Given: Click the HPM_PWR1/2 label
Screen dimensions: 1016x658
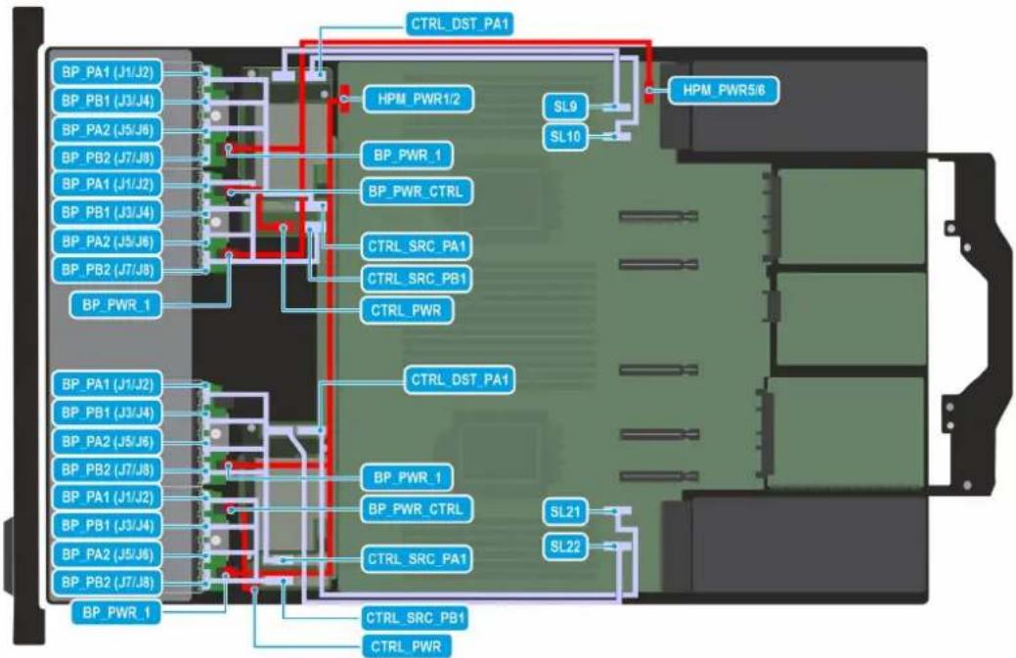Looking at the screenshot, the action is [418, 99].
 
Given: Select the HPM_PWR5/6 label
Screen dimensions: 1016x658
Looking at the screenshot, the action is [723, 89].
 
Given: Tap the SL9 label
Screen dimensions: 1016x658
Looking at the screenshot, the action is [565, 107].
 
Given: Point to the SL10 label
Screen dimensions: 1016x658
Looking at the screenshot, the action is [565, 137].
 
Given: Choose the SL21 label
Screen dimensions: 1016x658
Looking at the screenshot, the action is [565, 512].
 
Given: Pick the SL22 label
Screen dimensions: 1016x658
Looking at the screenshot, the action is [565, 547].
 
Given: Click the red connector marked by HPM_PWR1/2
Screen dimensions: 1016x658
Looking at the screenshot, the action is [345, 98].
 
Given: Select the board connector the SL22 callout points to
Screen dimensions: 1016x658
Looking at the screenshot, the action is [617, 546].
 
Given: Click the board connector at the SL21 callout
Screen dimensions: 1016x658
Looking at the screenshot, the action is [617, 511].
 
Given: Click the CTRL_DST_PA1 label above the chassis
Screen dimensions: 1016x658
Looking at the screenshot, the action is [460, 24].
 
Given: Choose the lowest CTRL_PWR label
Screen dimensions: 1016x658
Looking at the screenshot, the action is [406, 646].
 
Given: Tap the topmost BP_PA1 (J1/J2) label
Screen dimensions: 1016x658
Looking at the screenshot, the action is [108, 72].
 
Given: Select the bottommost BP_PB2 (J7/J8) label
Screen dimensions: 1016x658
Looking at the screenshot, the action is [108, 582].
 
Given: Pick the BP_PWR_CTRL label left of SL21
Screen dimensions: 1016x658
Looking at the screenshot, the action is [416, 509].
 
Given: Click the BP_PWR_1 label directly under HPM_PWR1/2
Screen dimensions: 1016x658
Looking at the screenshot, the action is [407, 155].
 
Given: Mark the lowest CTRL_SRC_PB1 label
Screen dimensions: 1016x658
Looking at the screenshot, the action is [416, 618].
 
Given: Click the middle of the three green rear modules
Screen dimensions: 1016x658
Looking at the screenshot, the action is [851, 319].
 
